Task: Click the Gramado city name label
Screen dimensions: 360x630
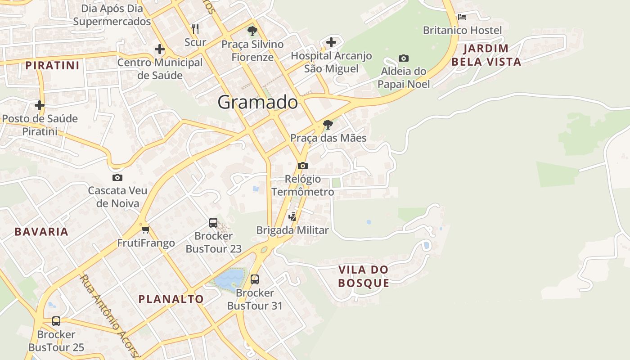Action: pyautogui.click(x=257, y=103)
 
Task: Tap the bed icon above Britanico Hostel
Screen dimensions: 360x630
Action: pyautogui.click(x=462, y=17)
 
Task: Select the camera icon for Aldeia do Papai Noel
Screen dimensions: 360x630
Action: pyautogui.click(x=404, y=58)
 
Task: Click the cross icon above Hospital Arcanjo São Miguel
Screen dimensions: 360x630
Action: pyautogui.click(x=331, y=42)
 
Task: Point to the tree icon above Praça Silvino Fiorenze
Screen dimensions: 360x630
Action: pyautogui.click(x=252, y=31)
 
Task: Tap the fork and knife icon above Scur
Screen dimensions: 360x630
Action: pyautogui.click(x=195, y=29)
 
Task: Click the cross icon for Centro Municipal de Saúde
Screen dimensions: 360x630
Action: pyautogui.click(x=159, y=49)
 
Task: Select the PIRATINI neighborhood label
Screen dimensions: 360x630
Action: pyautogui.click(x=52, y=66)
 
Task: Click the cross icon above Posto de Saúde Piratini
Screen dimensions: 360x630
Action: pyautogui.click(x=40, y=105)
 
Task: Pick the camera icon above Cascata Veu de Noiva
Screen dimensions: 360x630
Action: pyautogui.click(x=117, y=177)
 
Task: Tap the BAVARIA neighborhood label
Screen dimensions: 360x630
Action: pyautogui.click(x=41, y=232)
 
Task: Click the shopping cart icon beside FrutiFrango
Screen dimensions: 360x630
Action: pyautogui.click(x=145, y=230)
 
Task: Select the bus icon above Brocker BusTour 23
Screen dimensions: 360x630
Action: pyautogui.click(x=213, y=222)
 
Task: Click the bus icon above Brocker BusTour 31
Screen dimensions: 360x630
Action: pyautogui.click(x=255, y=279)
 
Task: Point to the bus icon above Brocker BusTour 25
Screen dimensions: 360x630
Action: pyautogui.click(x=56, y=321)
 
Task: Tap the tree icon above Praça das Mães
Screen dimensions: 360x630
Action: pyautogui.click(x=328, y=125)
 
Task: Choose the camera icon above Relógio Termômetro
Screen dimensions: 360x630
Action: pyautogui.click(x=303, y=166)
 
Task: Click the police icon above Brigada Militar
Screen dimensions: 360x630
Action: pyautogui.click(x=292, y=216)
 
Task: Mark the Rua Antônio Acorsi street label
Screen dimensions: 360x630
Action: pyautogui.click(x=110, y=315)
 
